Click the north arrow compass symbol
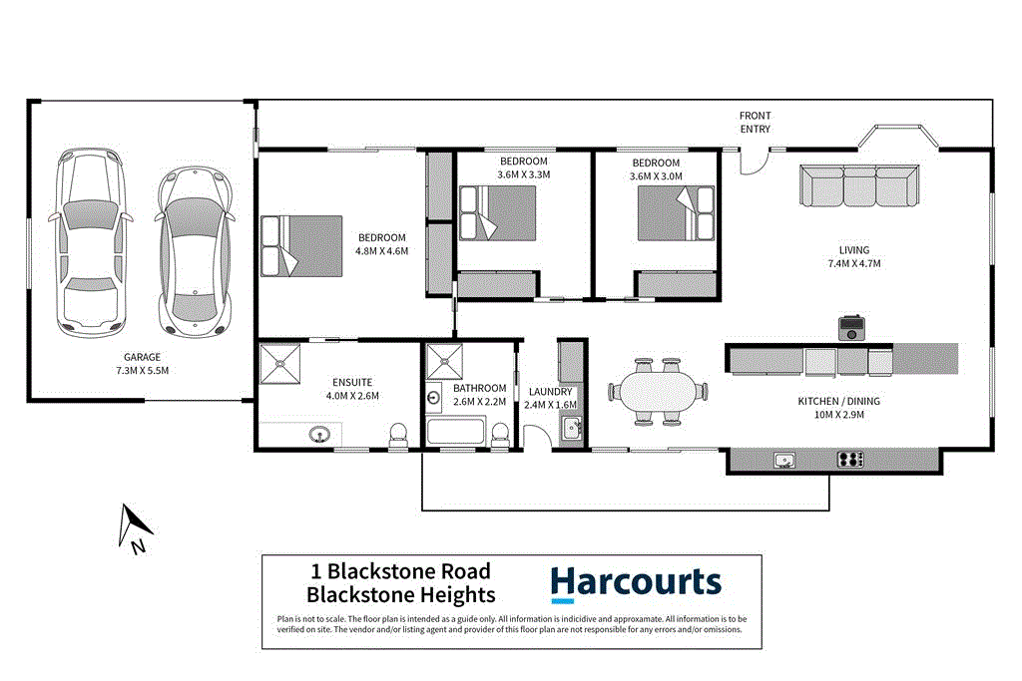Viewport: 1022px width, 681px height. (132, 527)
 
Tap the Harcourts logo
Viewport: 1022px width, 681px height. (635, 583)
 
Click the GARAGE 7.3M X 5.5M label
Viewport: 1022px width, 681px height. (142, 363)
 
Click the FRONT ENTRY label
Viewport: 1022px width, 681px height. (755, 123)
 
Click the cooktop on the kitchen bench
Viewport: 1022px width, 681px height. (849, 460)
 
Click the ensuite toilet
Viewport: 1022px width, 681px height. (397, 434)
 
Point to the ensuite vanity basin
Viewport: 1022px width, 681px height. (321, 435)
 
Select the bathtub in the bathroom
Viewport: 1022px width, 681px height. (455, 434)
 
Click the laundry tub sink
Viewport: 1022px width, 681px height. (571, 430)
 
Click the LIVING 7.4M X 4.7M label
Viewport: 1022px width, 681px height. (853, 256)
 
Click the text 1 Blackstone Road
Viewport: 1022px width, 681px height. (401, 571)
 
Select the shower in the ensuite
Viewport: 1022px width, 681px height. (282, 363)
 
